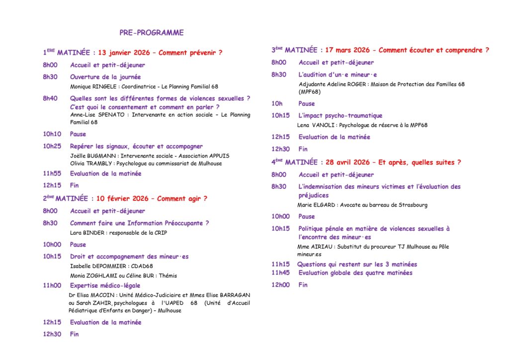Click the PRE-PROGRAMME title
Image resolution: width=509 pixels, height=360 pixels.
coord(151,33)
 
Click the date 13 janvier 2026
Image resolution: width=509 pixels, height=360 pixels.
coord(124,52)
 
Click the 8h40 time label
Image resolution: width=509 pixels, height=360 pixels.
coord(50,98)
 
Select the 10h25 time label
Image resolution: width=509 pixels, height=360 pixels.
coord(52,146)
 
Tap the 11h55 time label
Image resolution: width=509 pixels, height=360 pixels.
coord(52,174)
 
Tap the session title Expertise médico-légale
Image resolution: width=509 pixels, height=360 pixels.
coord(105,285)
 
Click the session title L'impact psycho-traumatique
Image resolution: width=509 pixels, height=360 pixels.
coord(340,115)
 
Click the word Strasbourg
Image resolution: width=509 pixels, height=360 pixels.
coord(411,205)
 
